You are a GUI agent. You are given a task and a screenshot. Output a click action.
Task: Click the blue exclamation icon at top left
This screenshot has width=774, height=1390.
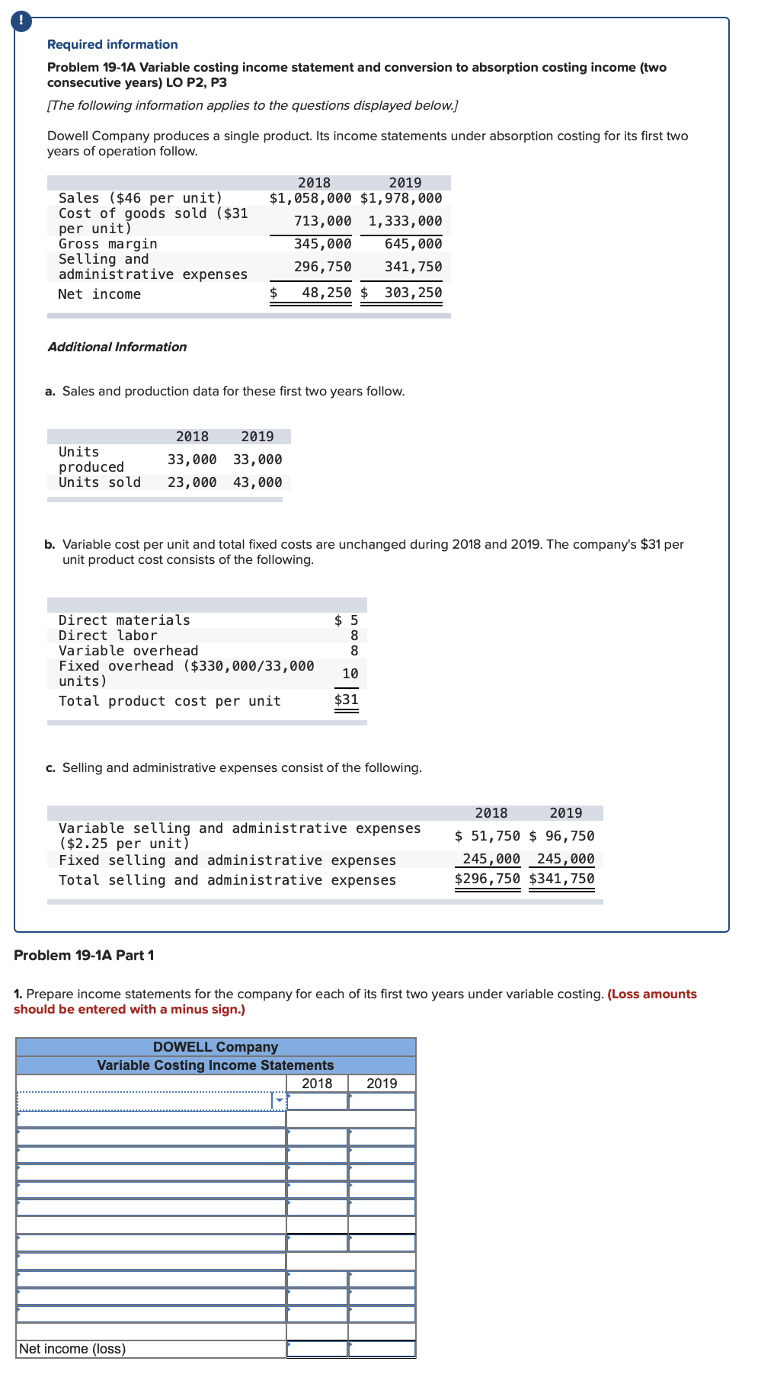pyautogui.click(x=21, y=21)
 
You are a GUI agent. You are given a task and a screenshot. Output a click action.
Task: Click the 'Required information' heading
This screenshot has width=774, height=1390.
pyautogui.click(x=112, y=44)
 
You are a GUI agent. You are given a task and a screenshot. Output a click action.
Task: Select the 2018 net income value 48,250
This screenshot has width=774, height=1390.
pyautogui.click(x=326, y=293)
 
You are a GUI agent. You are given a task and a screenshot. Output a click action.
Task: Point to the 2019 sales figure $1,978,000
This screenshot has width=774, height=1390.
pyautogui.click(x=401, y=198)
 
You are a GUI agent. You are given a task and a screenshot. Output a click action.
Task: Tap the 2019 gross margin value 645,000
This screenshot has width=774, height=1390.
pyautogui.click(x=413, y=244)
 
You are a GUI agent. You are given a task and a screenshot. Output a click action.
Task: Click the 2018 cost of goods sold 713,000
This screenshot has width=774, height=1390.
pyautogui.click(x=322, y=221)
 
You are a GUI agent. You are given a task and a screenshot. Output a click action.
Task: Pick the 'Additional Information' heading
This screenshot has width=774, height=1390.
pyautogui.click(x=117, y=347)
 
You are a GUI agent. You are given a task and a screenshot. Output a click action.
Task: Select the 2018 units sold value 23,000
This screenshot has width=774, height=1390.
pyautogui.click(x=192, y=482)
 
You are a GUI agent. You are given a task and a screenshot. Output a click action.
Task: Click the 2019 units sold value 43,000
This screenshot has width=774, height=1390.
pyautogui.click(x=257, y=482)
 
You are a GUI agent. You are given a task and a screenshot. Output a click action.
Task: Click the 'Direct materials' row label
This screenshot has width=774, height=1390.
pyautogui.click(x=124, y=620)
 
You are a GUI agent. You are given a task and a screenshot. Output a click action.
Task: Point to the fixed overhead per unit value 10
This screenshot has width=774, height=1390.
pyautogui.click(x=350, y=674)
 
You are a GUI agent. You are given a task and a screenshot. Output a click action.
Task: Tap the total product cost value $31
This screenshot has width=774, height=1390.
pyautogui.click(x=347, y=700)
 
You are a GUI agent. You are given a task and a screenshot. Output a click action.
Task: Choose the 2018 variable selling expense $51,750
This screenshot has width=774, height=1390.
pyautogui.click(x=487, y=836)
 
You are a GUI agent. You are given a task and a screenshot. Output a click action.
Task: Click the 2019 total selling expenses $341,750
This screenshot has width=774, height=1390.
pyautogui.click(x=561, y=879)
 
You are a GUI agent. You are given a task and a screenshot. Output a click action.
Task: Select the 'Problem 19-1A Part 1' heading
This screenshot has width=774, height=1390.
pyautogui.click(x=84, y=955)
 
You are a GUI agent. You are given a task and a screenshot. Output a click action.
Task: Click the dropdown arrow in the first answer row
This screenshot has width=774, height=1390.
pyautogui.click(x=280, y=1100)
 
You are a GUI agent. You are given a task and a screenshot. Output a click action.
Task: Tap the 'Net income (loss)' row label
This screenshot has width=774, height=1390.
pyautogui.click(x=72, y=1349)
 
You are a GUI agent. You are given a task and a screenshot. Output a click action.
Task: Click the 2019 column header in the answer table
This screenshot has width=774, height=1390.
pyautogui.click(x=382, y=1083)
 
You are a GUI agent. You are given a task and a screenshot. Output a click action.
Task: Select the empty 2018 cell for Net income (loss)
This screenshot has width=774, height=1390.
pyautogui.click(x=317, y=1349)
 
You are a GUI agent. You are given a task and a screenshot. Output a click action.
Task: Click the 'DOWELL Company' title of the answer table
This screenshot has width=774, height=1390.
pyautogui.click(x=216, y=1047)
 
